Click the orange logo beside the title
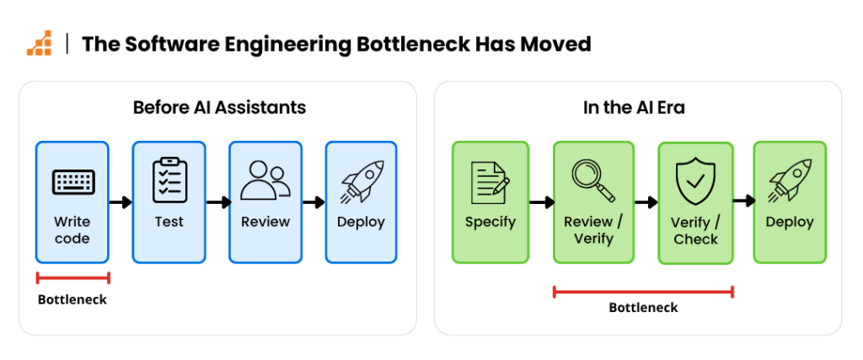tap(39, 44)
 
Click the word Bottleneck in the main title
tap(418, 44)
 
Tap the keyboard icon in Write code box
tap(72, 182)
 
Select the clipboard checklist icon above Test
tap(169, 180)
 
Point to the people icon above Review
tap(265, 180)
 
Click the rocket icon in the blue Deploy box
tap(362, 180)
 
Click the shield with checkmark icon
tap(695, 180)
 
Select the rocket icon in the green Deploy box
tap(790, 180)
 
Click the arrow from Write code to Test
tap(121, 202)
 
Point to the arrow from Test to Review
tap(217, 202)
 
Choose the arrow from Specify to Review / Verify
tap(541, 202)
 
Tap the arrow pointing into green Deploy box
tap(743, 201)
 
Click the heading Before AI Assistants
tap(219, 107)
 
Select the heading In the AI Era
tap(634, 107)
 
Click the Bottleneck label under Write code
tap(72, 300)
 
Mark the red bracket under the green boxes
tap(643, 292)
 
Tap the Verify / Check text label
tap(695, 231)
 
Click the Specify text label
tap(490, 223)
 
